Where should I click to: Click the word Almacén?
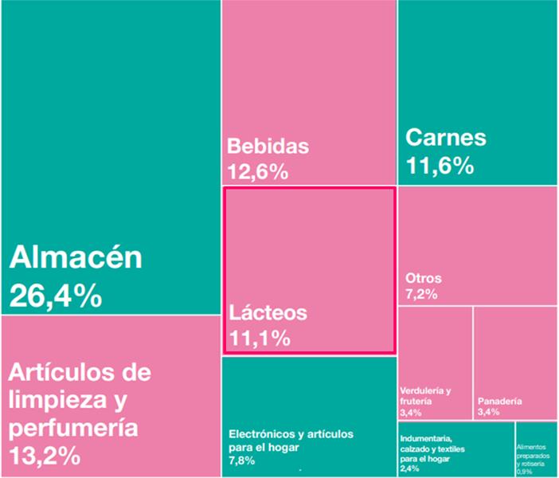[76, 258]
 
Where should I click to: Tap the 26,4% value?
[56, 296]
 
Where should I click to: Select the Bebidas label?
[268, 147]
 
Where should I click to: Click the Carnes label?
[445, 137]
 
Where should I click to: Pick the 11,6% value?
[440, 166]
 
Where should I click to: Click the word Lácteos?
[267, 312]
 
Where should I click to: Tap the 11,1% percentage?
[259, 338]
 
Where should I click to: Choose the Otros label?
[423, 279]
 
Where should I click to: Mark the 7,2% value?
[421, 295]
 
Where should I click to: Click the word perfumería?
[73, 428]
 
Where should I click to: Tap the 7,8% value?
[240, 460]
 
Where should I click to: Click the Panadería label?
[500, 401]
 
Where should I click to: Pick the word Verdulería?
[421, 391]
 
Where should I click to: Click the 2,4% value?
[409, 469]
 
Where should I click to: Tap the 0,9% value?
[526, 471]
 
